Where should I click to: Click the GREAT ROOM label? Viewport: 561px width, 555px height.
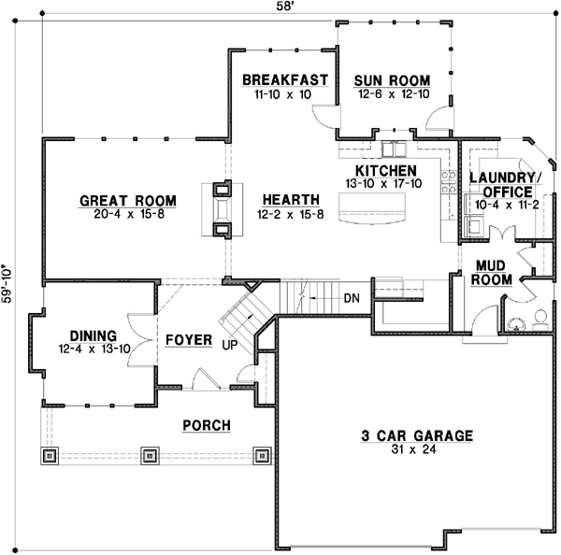point(128,200)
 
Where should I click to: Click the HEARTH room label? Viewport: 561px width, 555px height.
point(291,200)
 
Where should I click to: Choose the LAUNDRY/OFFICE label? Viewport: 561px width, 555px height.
point(505,185)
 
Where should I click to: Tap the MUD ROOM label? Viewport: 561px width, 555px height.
point(490,272)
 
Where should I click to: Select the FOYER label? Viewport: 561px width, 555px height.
point(189,339)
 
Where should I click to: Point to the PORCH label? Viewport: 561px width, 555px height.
point(206,426)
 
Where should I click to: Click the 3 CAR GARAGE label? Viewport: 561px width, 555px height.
point(417,435)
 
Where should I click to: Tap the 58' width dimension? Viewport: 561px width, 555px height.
point(280,7)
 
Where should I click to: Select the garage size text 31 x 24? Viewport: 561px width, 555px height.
point(417,450)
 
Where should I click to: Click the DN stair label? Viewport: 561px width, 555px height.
point(352,298)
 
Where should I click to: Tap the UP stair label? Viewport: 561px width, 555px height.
point(228,345)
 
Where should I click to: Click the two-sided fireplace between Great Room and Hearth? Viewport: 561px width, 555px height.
point(222,209)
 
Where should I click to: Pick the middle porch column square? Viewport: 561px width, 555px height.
point(150,456)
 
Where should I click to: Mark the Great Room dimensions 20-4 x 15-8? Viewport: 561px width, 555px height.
point(128,215)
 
